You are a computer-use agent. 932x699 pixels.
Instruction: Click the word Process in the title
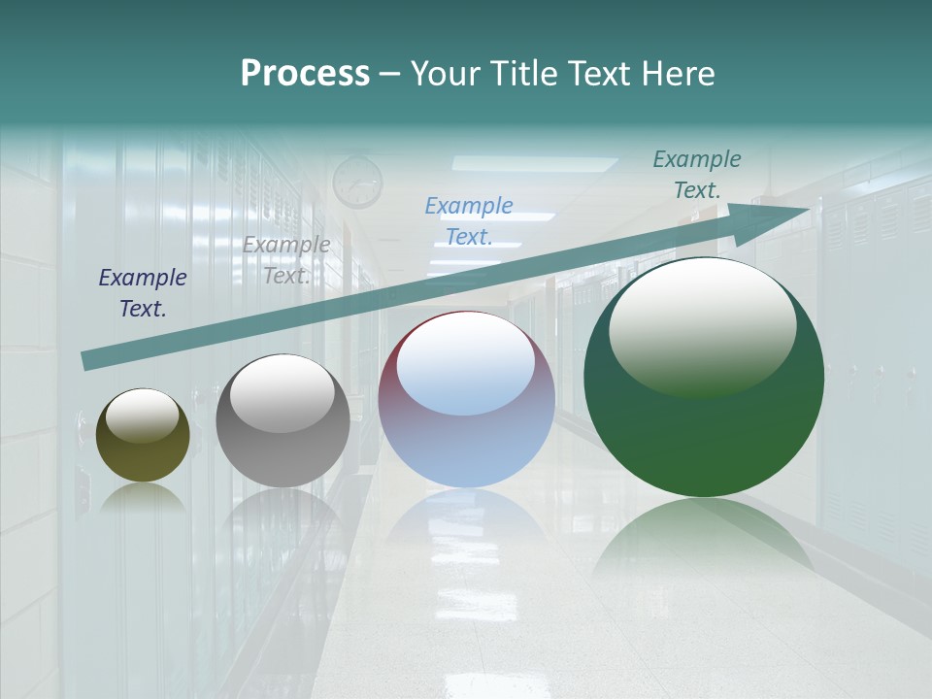(x=305, y=74)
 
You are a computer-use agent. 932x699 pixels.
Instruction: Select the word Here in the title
(x=679, y=74)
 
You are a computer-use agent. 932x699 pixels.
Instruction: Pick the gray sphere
(x=283, y=451)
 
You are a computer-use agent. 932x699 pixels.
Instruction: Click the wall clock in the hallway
(x=357, y=181)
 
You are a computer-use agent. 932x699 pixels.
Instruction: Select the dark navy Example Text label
(x=143, y=292)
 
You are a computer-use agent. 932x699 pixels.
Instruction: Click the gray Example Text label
(x=286, y=259)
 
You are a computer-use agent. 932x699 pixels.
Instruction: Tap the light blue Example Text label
(x=469, y=220)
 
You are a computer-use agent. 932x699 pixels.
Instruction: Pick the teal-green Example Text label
(x=697, y=174)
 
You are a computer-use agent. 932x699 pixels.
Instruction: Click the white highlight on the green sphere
(x=702, y=325)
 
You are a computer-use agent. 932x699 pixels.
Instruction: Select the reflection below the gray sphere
(x=283, y=515)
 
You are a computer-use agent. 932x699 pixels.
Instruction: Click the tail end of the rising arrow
(x=90, y=360)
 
